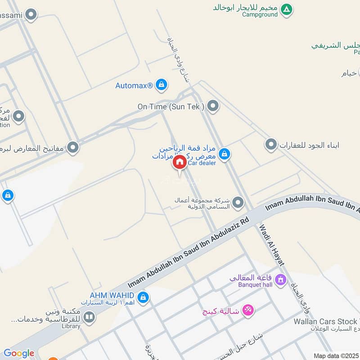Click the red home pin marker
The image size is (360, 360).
179,162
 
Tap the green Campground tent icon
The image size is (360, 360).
286,9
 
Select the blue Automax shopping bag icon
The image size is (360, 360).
161,85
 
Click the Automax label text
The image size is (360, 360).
134,85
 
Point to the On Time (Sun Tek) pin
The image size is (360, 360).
213,107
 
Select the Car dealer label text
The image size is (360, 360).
202,163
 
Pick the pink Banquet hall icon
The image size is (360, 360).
281,279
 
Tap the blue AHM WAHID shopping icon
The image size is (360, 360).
143,297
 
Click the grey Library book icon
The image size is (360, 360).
89,317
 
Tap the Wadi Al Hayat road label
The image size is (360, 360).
272,245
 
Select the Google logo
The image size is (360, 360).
18,353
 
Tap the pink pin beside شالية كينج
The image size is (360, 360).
247,310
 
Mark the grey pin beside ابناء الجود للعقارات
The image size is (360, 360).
270,145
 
